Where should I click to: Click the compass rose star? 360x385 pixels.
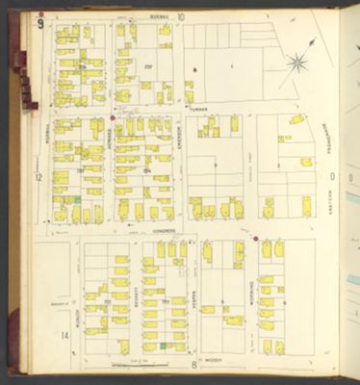tap(297, 64)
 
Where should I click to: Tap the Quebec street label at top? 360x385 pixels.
tap(159, 17)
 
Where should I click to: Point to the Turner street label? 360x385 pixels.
tap(199, 110)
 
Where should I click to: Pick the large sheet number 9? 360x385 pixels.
tap(39, 23)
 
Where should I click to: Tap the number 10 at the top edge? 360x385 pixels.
tap(180, 17)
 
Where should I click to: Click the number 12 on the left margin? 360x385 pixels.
tap(39, 178)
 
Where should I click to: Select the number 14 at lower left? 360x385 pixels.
tap(64, 336)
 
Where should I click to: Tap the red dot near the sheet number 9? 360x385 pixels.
tap(40, 14)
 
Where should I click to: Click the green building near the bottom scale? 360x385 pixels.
tap(164, 345)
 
